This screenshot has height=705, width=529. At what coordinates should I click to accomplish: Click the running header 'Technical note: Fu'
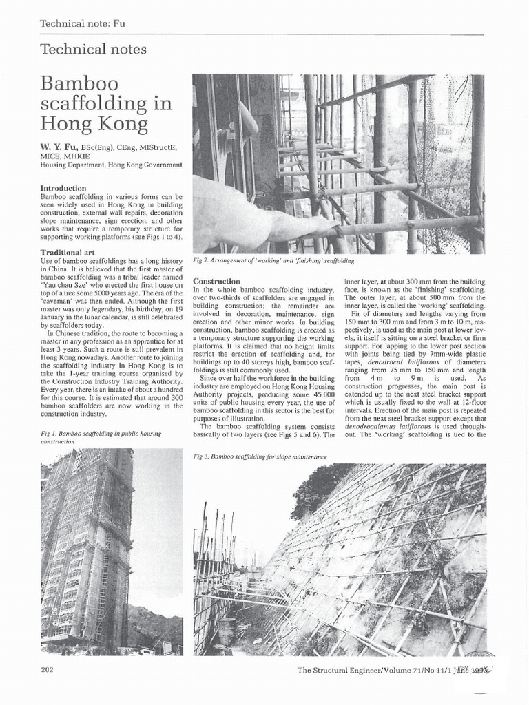click(x=83, y=23)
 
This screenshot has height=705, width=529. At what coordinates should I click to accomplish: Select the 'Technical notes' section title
click(x=93, y=49)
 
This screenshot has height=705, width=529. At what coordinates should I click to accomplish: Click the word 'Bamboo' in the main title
click(x=79, y=84)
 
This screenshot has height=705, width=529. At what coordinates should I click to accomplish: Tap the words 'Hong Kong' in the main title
click(x=94, y=124)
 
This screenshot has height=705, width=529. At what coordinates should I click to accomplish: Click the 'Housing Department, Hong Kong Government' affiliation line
click(x=111, y=165)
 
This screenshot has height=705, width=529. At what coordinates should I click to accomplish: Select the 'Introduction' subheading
click(x=63, y=188)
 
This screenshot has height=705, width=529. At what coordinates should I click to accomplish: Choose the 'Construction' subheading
click(x=216, y=282)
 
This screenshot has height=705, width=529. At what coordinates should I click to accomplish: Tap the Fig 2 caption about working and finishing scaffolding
click(x=273, y=261)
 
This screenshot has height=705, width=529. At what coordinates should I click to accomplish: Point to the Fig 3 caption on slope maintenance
click(x=259, y=456)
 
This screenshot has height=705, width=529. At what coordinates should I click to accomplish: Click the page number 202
click(x=48, y=669)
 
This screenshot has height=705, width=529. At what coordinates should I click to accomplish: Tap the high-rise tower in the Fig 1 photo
click(x=86, y=544)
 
